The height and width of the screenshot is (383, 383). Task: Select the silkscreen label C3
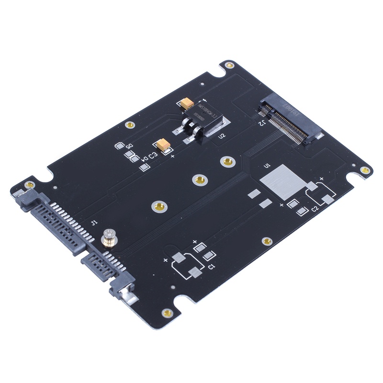153,155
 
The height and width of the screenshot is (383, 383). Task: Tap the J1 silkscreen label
94,222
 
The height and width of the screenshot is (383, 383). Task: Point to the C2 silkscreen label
315,209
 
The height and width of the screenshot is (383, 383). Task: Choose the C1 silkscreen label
211,266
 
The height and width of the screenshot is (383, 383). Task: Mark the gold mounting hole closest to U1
226,162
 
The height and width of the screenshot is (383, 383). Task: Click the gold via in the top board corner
229,65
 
